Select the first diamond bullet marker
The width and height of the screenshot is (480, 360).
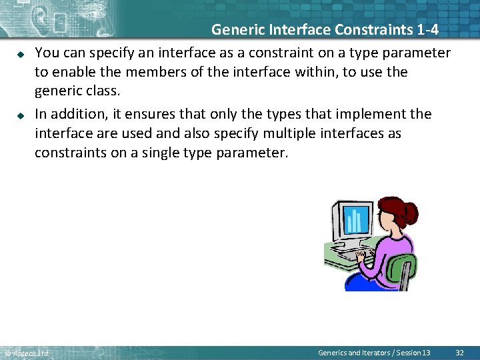tap(21, 53)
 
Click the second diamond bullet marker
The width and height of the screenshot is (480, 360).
tap(21, 115)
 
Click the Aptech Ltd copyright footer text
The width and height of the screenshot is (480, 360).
tap(27, 353)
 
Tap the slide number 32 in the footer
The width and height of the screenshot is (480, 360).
tap(459, 352)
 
